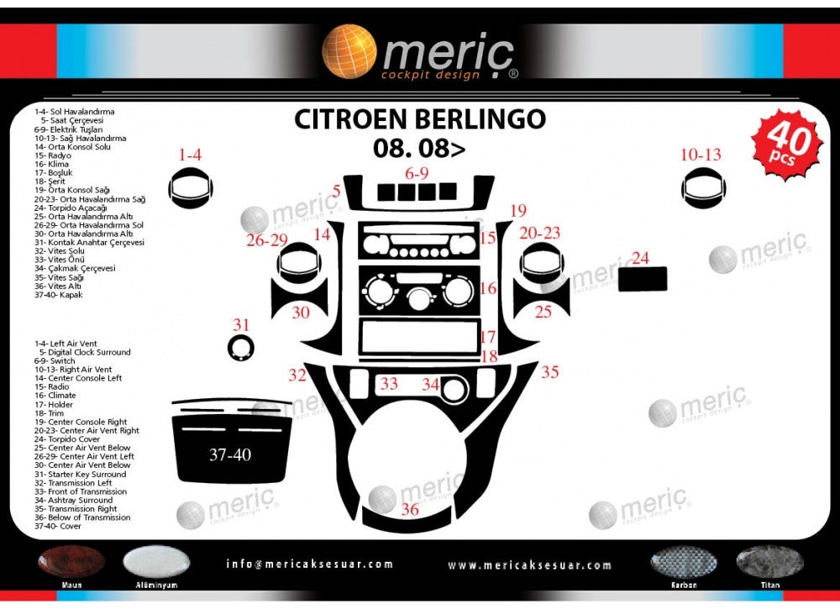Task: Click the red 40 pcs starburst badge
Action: click(790, 144)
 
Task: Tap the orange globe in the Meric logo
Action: click(349, 51)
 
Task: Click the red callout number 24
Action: click(641, 258)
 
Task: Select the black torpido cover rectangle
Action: click(643, 279)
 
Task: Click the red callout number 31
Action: click(242, 324)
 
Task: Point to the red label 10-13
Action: click(701, 155)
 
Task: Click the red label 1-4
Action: click(190, 155)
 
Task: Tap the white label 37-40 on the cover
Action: click(230, 455)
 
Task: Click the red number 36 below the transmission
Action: click(410, 509)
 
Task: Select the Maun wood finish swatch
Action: click(71, 563)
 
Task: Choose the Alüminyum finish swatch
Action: click(156, 563)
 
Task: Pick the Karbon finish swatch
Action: click(684, 563)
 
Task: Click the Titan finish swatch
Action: click(769, 562)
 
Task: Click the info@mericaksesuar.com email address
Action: click(309, 564)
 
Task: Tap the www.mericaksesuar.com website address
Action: click(529, 565)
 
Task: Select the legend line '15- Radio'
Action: click(53, 386)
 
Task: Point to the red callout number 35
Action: click(550, 371)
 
